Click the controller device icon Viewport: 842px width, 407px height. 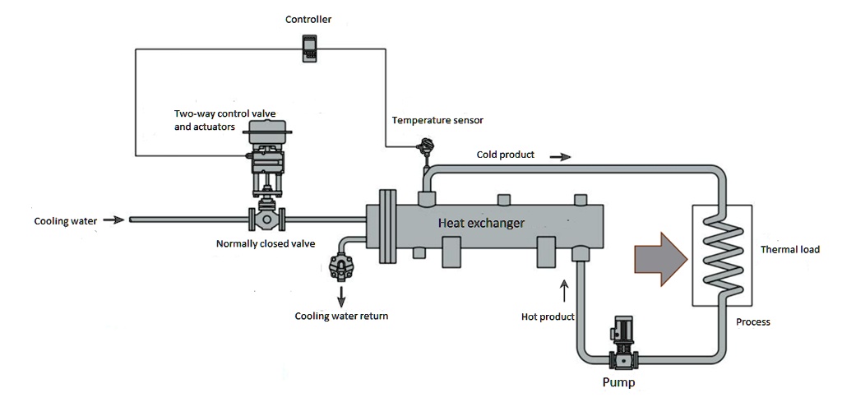click(309, 47)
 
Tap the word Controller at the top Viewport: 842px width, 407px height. click(309, 19)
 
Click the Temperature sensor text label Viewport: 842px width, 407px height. click(437, 120)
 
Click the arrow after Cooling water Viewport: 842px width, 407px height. click(115, 220)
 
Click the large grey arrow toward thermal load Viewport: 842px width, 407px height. click(660, 258)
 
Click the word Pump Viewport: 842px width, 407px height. click(618, 383)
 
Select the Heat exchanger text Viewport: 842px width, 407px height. click(481, 223)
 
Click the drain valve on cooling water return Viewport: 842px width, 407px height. click(339, 266)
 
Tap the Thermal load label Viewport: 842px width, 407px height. click(789, 249)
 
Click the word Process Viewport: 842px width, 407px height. click(753, 322)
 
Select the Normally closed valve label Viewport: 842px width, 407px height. click(266, 244)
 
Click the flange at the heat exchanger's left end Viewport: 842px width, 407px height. click(383, 228)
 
